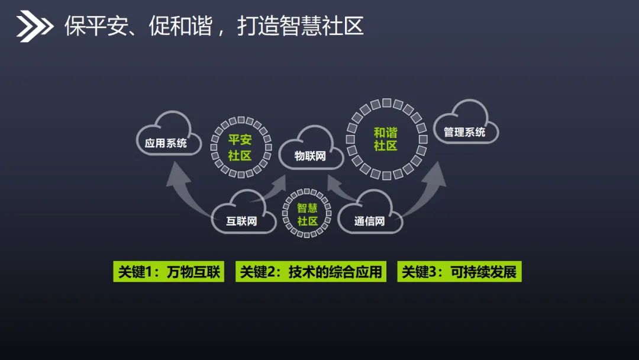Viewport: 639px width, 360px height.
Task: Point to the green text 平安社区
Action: tap(240, 148)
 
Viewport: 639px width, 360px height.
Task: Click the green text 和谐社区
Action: tap(385, 139)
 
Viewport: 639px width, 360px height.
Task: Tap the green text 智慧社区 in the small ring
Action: tap(307, 214)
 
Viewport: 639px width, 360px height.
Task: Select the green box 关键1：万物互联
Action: tap(169, 272)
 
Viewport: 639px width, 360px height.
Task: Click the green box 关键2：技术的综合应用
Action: tap(311, 272)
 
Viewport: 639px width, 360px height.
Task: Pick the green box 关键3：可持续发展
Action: tap(459, 272)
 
